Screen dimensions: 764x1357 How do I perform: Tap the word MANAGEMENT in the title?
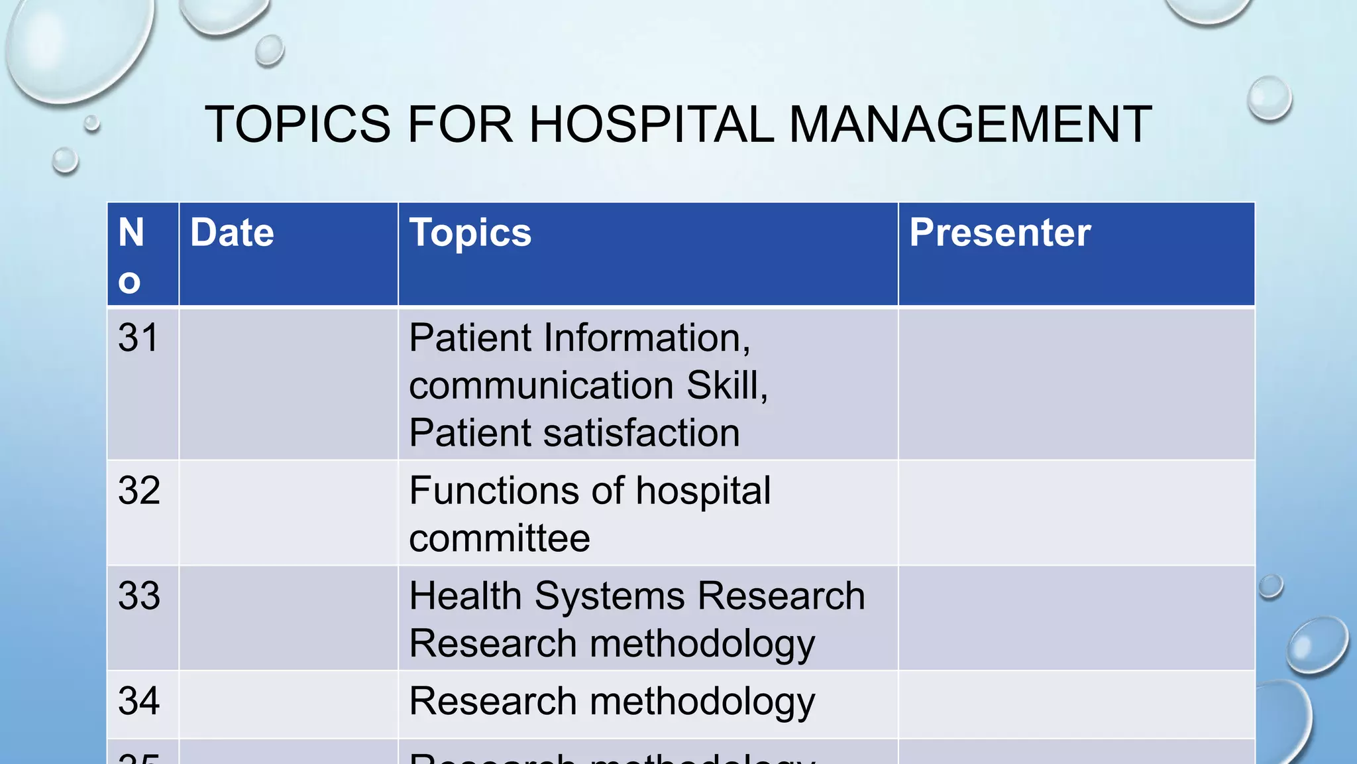[x=970, y=124]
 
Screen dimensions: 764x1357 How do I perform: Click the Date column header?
[x=232, y=233]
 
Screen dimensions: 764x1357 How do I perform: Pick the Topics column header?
[x=470, y=233]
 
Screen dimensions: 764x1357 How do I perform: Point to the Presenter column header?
[x=999, y=233]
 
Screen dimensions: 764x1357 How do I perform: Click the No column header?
[x=131, y=255]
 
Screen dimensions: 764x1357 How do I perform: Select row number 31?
[x=138, y=338]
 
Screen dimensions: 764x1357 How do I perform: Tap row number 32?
[x=139, y=491]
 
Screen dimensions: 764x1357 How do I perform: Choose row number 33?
[x=139, y=596]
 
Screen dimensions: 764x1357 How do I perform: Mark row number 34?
[x=139, y=701]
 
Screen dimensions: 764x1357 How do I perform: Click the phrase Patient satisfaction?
[x=574, y=433]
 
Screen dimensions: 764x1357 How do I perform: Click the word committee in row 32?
[x=499, y=538]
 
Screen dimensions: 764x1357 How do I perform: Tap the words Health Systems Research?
[x=637, y=596]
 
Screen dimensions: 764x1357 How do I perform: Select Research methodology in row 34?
[x=612, y=702]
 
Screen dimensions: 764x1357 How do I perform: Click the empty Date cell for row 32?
[x=288, y=513]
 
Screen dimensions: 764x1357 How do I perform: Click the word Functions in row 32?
[x=494, y=491]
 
